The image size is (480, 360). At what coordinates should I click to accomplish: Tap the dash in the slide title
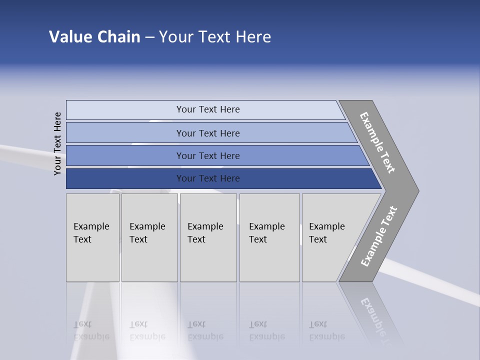[149, 37]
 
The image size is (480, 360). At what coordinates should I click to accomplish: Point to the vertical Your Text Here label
[57, 143]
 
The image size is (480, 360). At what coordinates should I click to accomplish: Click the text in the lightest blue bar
[208, 109]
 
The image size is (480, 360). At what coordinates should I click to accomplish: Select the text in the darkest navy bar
[208, 178]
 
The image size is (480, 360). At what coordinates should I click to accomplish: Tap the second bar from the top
[208, 133]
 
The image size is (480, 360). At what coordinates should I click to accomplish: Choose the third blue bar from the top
[208, 155]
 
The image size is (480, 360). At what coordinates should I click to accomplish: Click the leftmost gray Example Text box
[92, 237]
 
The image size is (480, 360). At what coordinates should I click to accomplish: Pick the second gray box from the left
[149, 237]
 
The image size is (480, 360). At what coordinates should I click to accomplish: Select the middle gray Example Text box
[208, 237]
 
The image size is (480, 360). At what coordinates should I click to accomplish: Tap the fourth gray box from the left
[269, 237]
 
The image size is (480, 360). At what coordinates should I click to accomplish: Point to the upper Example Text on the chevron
[377, 142]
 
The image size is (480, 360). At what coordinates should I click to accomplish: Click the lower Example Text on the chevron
[378, 236]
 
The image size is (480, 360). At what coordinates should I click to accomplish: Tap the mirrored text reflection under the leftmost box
[91, 331]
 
